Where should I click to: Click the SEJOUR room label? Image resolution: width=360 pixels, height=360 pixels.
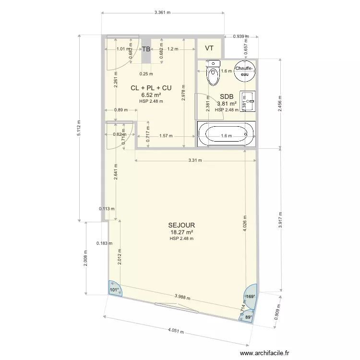click(181, 225)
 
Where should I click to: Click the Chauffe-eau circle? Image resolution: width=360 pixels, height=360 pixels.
click(244, 71)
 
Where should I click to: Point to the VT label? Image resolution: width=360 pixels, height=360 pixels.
click(209, 48)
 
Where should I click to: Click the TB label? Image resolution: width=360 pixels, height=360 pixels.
click(146, 49)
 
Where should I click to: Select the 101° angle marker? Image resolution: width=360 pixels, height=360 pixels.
click(114, 289)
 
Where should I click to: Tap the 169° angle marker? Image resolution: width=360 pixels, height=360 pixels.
click(251, 296)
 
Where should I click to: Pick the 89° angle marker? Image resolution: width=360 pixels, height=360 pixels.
click(247, 317)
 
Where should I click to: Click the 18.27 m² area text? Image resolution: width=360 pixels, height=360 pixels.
click(181, 232)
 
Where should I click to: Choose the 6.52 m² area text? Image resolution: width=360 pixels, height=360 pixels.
click(151, 95)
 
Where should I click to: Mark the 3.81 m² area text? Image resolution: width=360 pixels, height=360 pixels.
click(227, 103)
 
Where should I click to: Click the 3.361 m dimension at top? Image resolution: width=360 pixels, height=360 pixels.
click(163, 13)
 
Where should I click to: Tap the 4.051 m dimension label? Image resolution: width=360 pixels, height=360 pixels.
click(177, 331)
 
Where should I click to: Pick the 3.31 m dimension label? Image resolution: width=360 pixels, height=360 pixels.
click(194, 160)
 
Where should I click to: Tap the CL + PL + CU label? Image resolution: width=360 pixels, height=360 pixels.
click(151, 88)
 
